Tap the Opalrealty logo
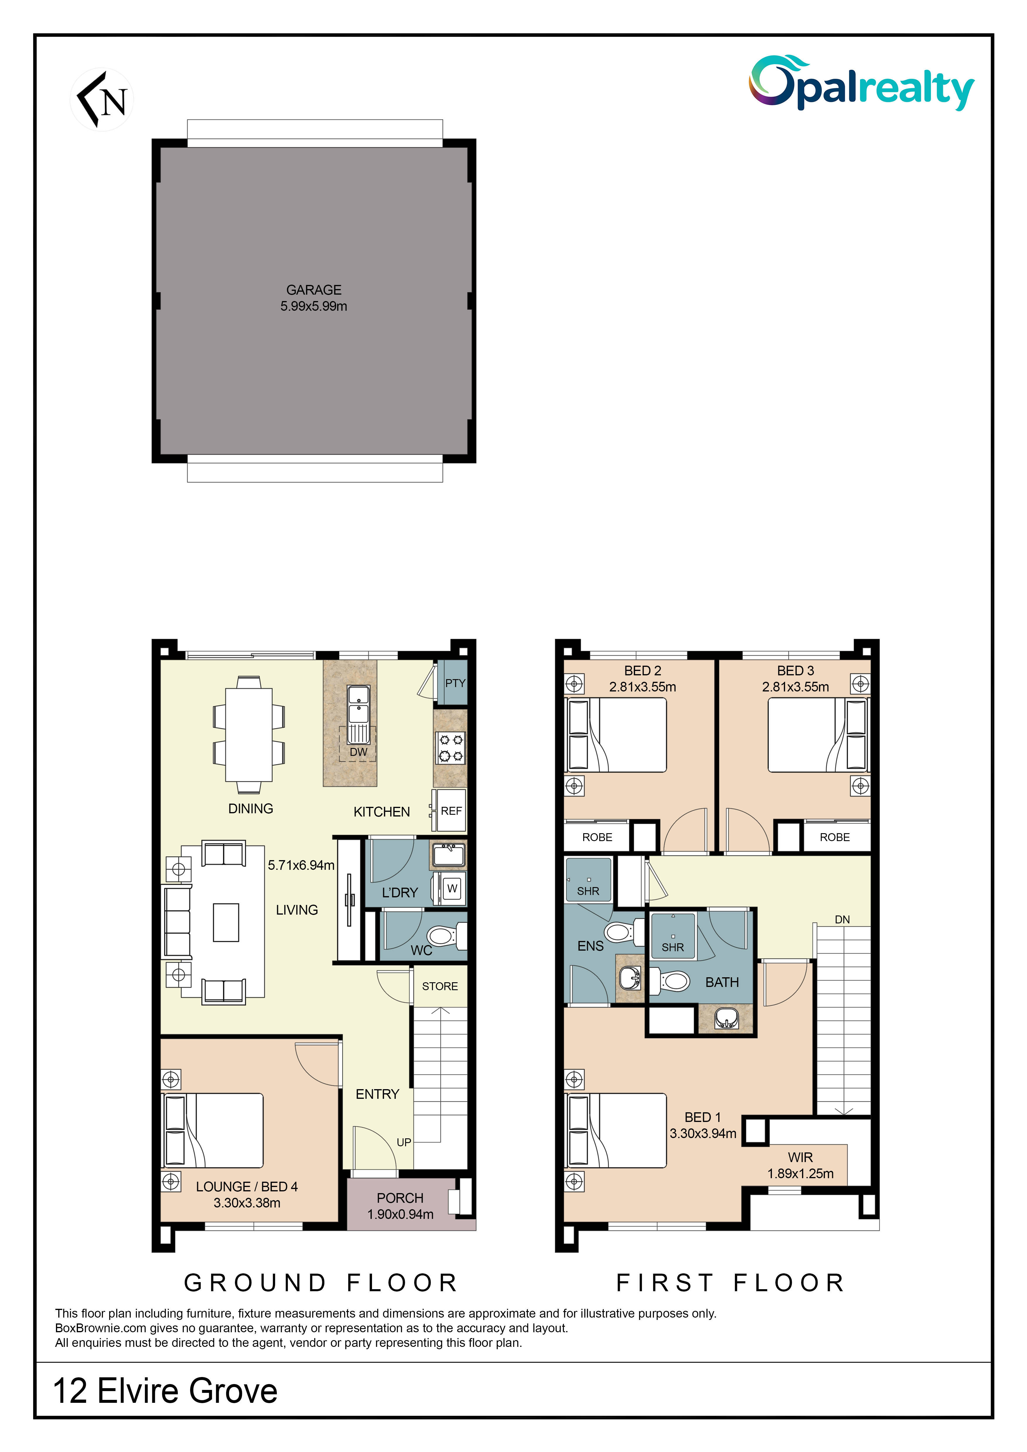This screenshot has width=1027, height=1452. [861, 83]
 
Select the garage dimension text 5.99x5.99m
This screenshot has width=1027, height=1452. [314, 306]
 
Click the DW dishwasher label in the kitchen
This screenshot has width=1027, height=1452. [359, 752]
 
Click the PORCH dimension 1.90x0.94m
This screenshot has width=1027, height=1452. [400, 1214]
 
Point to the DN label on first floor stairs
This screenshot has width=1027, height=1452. [842, 920]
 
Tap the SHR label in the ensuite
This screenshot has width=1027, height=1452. [588, 891]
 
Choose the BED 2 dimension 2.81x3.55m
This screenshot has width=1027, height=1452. [642, 687]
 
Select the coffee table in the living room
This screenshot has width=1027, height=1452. [226, 923]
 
